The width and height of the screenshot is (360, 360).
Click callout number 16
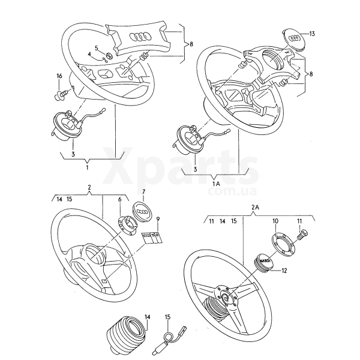click(59, 76)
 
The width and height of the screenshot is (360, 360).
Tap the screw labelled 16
click(61, 93)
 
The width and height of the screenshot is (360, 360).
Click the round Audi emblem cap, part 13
click(294, 37)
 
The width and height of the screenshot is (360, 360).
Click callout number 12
click(284, 271)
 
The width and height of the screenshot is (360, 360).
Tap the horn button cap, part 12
click(264, 262)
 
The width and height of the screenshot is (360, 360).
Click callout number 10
click(275, 221)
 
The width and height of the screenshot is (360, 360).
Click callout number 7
click(143, 191)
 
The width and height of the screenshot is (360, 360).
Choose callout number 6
click(120, 199)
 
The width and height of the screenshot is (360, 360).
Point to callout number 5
click(96, 47)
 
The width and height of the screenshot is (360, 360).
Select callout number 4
click(90, 54)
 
